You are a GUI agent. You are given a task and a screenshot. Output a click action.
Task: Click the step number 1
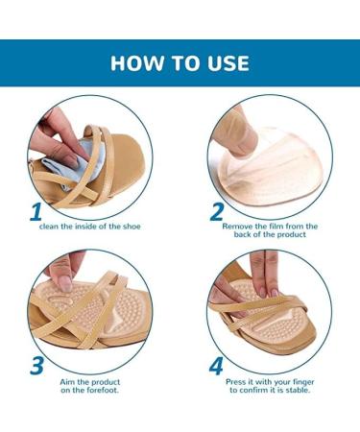pyautogui.click(x=36, y=211)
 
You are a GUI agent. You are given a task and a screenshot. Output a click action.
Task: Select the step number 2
pyautogui.click(x=218, y=211)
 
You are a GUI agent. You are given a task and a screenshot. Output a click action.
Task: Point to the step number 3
pyautogui.click(x=36, y=365)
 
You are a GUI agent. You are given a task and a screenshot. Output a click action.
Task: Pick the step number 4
pyautogui.click(x=217, y=365)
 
